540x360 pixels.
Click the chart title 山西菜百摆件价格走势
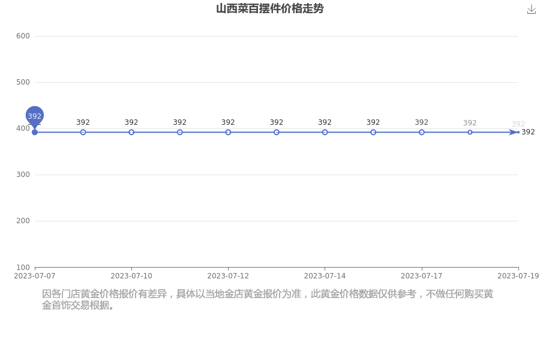click(269, 8)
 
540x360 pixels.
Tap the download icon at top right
click(532, 10)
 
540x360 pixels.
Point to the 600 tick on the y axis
click(23, 36)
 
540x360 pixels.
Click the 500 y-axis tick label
click(23, 82)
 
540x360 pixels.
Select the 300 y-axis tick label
click(23, 175)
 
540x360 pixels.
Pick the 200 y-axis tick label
click(23, 221)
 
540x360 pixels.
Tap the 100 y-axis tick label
click(23, 268)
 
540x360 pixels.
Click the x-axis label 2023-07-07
click(34, 276)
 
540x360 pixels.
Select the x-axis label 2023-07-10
click(131, 276)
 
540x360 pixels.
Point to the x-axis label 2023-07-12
click(228, 276)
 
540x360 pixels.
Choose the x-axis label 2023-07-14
click(325, 276)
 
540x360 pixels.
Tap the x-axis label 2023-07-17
click(422, 276)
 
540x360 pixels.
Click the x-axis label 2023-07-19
click(518, 276)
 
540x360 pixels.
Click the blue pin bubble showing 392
click(34, 116)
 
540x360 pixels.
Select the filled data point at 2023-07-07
click(34, 132)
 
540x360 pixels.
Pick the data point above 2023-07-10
click(131, 132)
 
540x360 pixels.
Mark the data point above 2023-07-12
click(228, 132)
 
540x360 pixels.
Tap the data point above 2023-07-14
click(325, 132)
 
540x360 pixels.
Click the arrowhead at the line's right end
click(514, 132)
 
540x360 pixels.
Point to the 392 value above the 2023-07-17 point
click(422, 122)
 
